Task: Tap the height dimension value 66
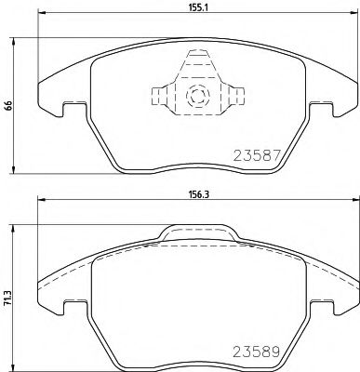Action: point(7,105)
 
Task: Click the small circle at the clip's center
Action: point(196,95)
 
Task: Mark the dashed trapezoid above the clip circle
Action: point(196,65)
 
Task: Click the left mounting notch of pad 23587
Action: point(66,109)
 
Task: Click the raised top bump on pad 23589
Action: point(196,232)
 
